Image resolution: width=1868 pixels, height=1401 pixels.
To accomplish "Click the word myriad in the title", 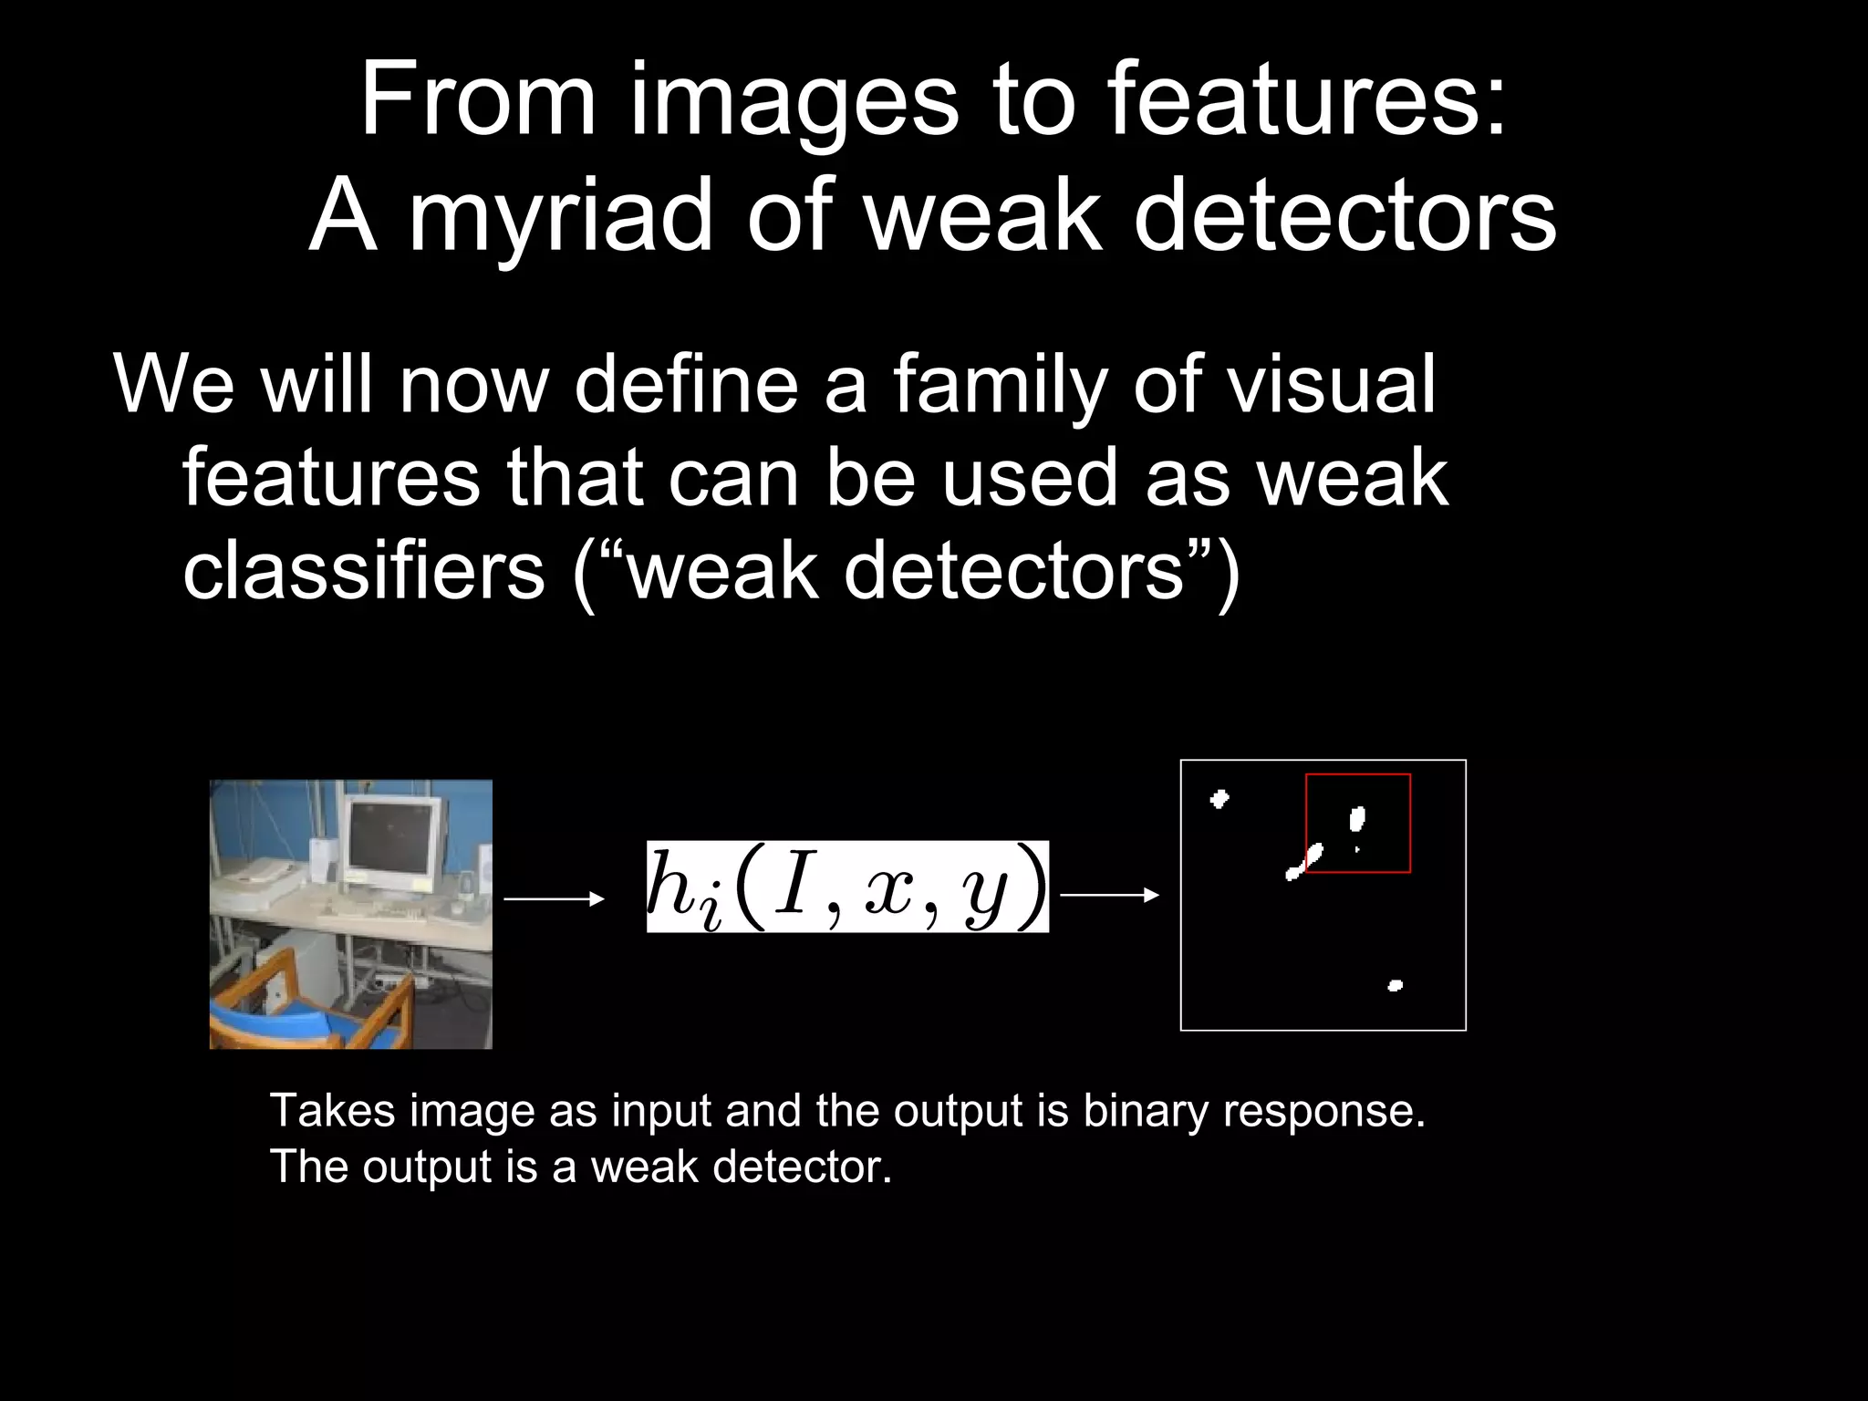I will click(560, 216).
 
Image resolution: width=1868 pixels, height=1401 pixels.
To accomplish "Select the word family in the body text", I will click(998, 385).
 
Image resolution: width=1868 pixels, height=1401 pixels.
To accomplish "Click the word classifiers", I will click(363, 571).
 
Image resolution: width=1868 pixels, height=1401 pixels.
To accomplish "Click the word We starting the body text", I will click(173, 385).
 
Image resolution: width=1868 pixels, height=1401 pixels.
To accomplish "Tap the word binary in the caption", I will click(1144, 1111).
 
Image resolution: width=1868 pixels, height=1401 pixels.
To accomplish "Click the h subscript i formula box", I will click(847, 887).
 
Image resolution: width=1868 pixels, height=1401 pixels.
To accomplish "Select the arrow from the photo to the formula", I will click(554, 899).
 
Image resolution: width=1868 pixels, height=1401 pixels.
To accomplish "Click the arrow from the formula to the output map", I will click(1109, 896).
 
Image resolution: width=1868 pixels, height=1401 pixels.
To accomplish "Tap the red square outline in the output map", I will click(1358, 775).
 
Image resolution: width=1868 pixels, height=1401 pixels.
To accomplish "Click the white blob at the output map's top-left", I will click(1219, 800).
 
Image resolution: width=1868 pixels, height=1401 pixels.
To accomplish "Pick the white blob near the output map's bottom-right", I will click(1395, 985).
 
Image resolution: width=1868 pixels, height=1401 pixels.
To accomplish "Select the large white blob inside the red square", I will click(1357, 819).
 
